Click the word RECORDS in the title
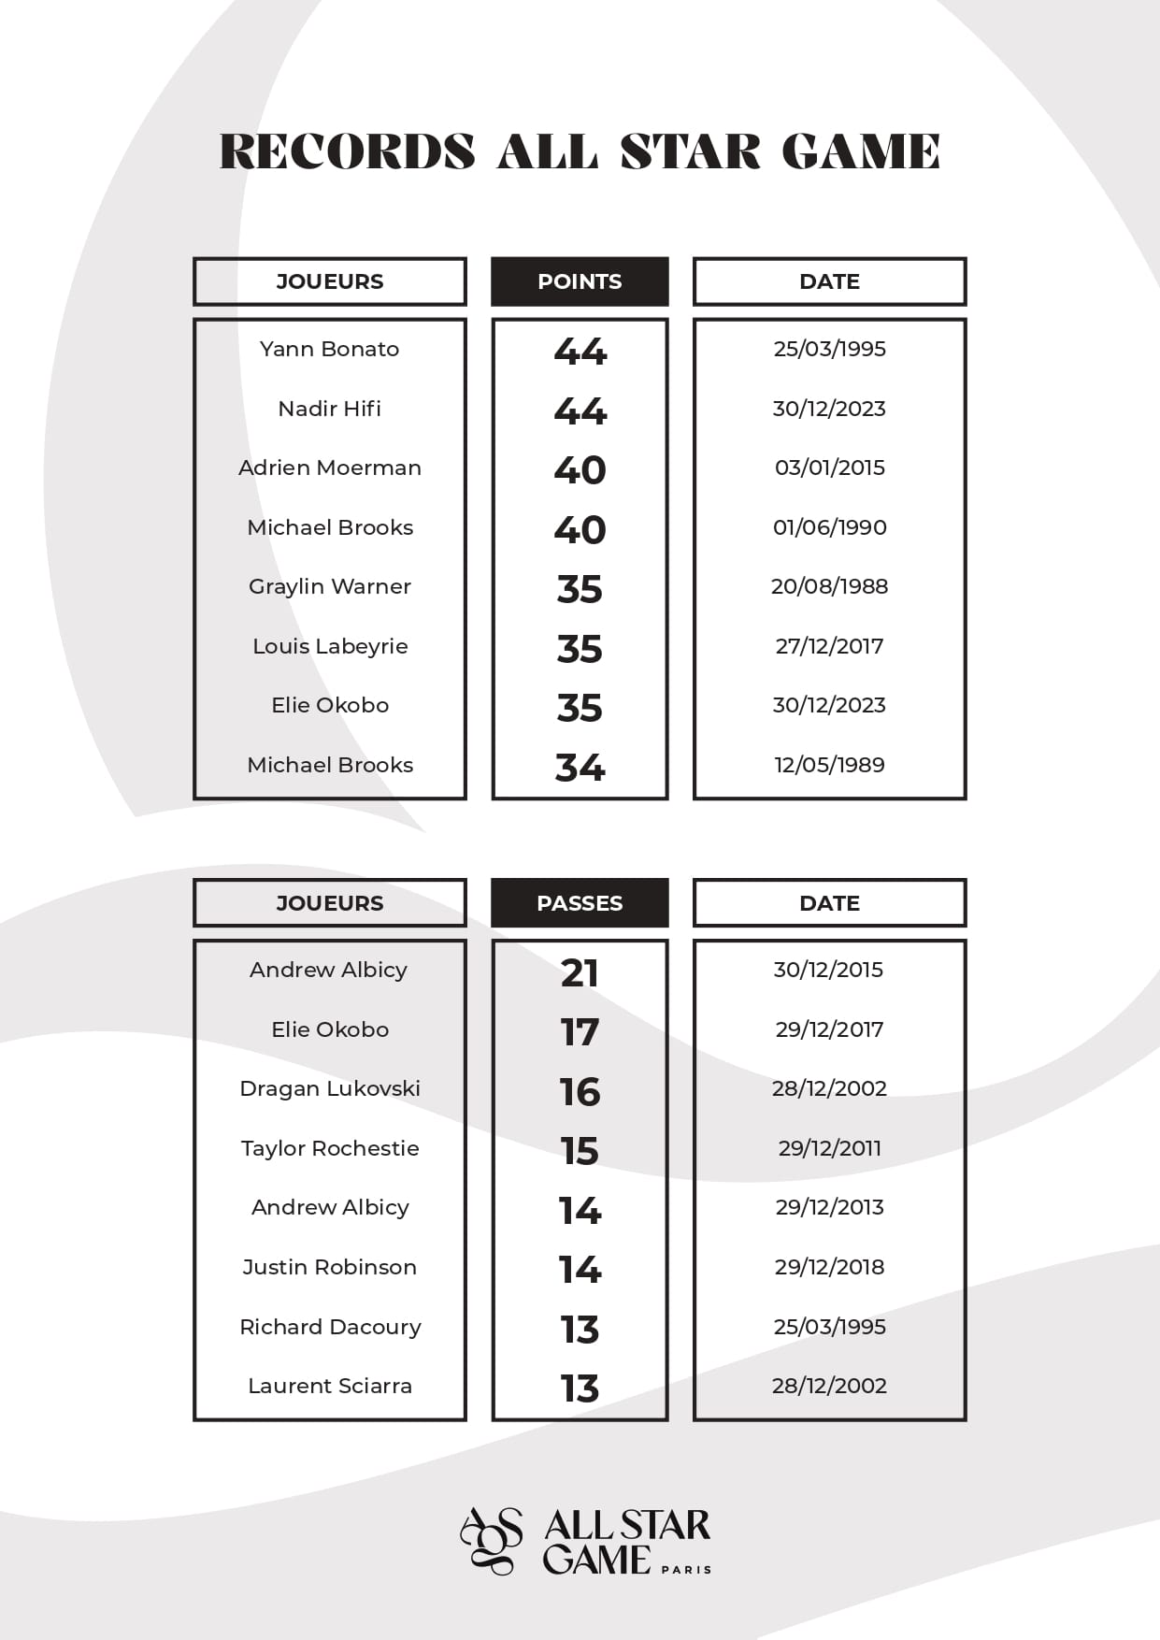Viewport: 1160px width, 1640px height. coord(347,151)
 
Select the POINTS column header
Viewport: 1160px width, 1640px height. coord(580,281)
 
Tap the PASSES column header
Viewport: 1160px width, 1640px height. coord(580,903)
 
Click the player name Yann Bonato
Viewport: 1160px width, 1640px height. coord(329,349)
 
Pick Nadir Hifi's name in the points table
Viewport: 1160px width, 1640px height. coord(329,409)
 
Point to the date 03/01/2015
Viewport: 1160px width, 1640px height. coord(829,468)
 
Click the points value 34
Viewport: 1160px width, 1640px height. coord(580,768)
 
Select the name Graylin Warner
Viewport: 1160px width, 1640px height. coord(329,586)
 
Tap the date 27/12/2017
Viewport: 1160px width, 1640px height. coord(829,646)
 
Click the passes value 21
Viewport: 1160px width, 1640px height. coord(580,972)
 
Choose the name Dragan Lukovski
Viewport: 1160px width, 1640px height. coord(329,1088)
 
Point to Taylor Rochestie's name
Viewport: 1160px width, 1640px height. coord(329,1148)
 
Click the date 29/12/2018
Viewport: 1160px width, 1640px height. coord(829,1267)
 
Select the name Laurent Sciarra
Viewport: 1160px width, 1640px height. coord(329,1386)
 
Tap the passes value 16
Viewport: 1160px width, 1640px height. coord(580,1092)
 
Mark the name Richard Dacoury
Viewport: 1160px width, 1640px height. coord(329,1327)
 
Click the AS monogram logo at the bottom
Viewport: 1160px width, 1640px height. coord(492,1540)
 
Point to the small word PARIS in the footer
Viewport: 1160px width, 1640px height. coord(686,1570)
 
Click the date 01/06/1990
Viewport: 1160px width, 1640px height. coord(829,527)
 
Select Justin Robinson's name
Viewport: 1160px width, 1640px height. coord(329,1267)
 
